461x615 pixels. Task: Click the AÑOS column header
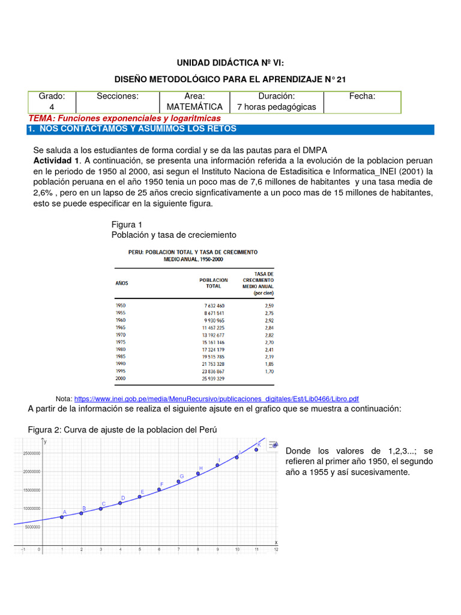click(x=122, y=283)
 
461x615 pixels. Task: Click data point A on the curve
click(x=61, y=517)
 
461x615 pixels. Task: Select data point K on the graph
click(x=256, y=449)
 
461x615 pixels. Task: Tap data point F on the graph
click(x=159, y=489)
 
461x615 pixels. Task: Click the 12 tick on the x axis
click(x=276, y=548)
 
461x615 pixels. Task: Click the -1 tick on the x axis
click(x=22, y=548)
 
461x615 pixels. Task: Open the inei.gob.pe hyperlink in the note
click(x=216, y=399)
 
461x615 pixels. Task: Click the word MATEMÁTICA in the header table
click(x=195, y=107)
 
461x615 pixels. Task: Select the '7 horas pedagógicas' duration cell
click(x=276, y=107)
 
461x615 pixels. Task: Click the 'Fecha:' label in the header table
click(x=362, y=96)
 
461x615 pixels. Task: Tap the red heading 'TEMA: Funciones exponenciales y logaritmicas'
click(x=124, y=118)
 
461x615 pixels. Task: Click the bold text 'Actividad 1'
click(x=56, y=160)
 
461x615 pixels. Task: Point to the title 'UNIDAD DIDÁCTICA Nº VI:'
click(x=230, y=62)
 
